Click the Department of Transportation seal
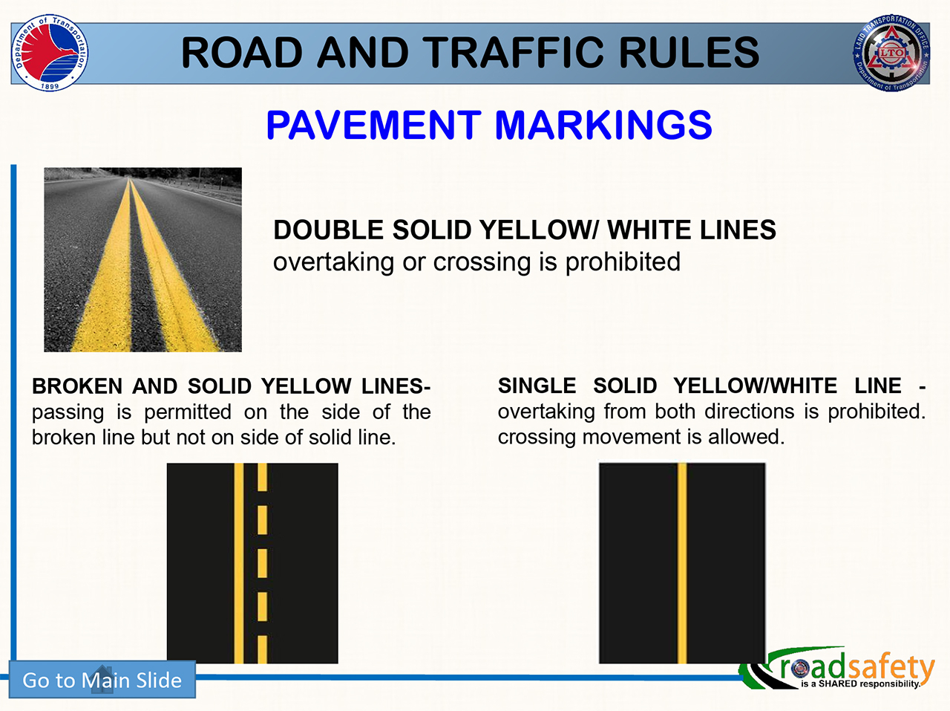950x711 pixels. [50, 53]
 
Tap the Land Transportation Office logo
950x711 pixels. [891, 53]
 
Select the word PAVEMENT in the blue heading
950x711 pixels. [373, 125]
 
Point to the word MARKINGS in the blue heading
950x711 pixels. [603, 125]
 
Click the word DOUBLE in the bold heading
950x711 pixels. [329, 230]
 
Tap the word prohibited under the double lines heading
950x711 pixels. [623, 262]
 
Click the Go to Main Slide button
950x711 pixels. [102, 679]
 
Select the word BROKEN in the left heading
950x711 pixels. [77, 386]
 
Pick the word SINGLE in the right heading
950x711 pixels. [537, 386]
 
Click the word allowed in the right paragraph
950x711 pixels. [746, 437]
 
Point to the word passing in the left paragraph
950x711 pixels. [68, 412]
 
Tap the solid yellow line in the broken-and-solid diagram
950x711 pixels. [238, 563]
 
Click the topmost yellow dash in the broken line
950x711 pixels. [262, 477]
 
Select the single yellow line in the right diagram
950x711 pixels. [681, 563]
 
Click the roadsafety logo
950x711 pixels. [836, 668]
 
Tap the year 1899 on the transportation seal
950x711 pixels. [50, 86]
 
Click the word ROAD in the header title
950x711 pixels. [242, 53]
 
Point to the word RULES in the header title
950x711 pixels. [689, 53]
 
